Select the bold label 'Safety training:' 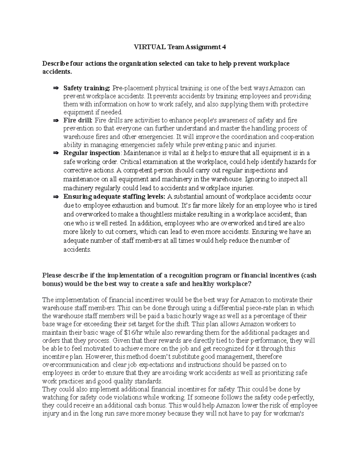pyautogui.click(x=87, y=88)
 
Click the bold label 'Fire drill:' pyautogui.click(x=78, y=121)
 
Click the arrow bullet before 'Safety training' pyautogui.click(x=56, y=88)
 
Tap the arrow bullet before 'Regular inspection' pyautogui.click(x=56, y=153)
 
